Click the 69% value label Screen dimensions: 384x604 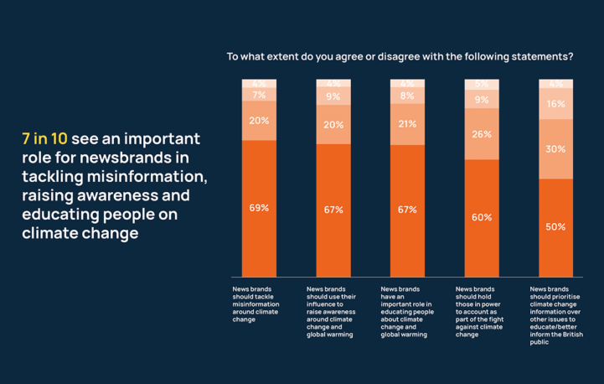(x=259, y=208)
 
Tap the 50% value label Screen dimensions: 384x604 (x=555, y=227)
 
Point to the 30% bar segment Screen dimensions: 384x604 (x=555, y=149)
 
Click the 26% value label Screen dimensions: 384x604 (x=482, y=134)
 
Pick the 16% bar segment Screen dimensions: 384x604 (x=555, y=105)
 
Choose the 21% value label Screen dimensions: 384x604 (x=407, y=124)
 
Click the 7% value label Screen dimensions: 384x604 (x=259, y=96)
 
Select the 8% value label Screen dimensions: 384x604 (x=407, y=96)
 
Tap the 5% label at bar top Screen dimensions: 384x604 (x=482, y=84)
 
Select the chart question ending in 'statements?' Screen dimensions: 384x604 (x=400, y=57)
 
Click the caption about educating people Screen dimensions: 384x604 (x=406, y=311)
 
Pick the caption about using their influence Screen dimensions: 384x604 (x=332, y=311)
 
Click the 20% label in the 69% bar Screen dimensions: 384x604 (x=259, y=121)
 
